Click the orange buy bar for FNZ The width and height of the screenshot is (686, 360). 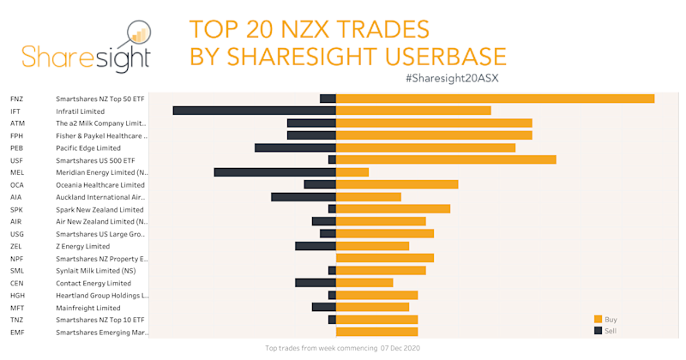(495, 99)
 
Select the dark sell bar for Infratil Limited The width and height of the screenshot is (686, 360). (254, 111)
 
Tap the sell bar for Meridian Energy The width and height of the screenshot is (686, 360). (274, 172)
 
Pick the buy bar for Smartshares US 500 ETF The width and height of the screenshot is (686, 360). (446, 159)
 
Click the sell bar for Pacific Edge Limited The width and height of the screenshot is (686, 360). (295, 147)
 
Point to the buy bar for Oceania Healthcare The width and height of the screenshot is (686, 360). (397, 184)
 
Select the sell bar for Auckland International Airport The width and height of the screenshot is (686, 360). (303, 197)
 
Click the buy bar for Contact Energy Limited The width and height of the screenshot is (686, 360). (364, 283)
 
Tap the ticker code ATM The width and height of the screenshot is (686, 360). (17, 123)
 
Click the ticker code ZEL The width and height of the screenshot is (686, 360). (16, 246)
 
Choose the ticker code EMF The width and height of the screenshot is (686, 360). (17, 332)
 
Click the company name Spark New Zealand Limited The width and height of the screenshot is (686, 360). (99, 209)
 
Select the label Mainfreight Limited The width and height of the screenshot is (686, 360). (87, 308)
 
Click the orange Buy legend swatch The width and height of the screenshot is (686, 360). (598, 319)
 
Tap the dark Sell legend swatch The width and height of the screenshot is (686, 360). (598, 330)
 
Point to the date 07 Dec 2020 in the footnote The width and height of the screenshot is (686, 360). (400, 348)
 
